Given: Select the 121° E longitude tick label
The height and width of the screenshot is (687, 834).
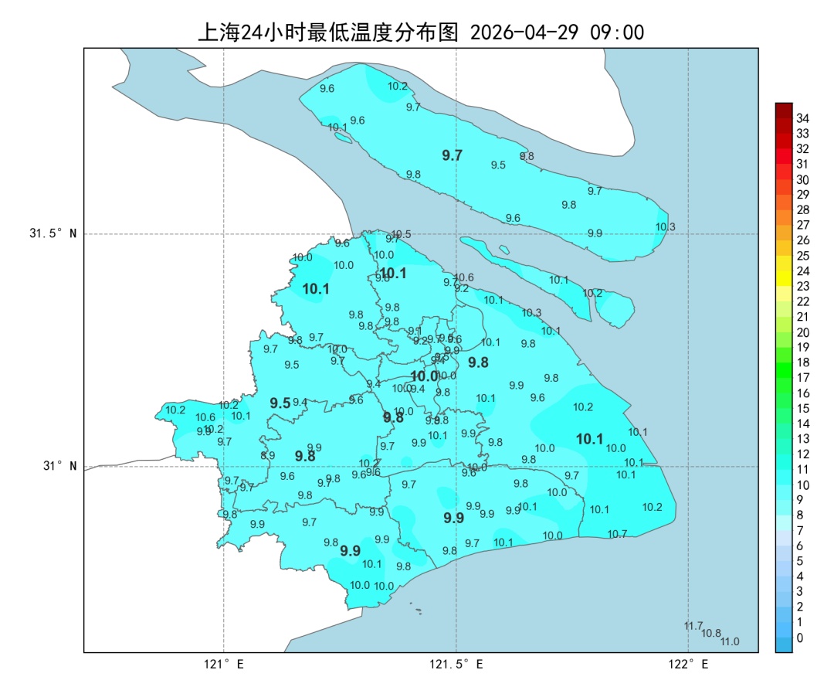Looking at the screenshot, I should coord(224,664).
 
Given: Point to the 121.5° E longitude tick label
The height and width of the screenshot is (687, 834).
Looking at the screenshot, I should coord(456,664).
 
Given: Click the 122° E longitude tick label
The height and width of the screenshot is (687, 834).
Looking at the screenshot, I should coord(689,664).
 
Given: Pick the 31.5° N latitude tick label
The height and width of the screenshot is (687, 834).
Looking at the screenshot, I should coord(53,233).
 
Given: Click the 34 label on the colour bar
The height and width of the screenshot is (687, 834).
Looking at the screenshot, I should coord(802,118).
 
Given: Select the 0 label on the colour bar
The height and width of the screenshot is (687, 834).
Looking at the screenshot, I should coord(799,638).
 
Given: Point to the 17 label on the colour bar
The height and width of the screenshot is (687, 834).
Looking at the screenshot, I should coord(802,378).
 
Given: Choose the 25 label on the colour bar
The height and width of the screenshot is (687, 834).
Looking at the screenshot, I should coord(802,256).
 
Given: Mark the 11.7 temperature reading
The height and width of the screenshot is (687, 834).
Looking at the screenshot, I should coord(693,626).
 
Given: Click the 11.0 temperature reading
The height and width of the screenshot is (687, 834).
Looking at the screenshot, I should coord(730,641).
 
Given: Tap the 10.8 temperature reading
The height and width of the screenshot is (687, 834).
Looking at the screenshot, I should coord(711,633).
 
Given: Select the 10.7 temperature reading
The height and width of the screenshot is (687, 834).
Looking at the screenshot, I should coord(617,534).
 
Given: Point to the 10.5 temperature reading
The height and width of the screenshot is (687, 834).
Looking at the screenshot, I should coord(402,234).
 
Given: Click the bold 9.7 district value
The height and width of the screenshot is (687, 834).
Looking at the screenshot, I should coord(452,155).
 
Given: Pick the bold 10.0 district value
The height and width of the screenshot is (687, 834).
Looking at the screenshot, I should coord(424,376).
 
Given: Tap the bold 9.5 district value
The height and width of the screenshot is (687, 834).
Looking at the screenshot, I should coord(280,403).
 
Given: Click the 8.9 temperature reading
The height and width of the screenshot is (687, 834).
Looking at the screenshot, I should coord(267,456).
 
